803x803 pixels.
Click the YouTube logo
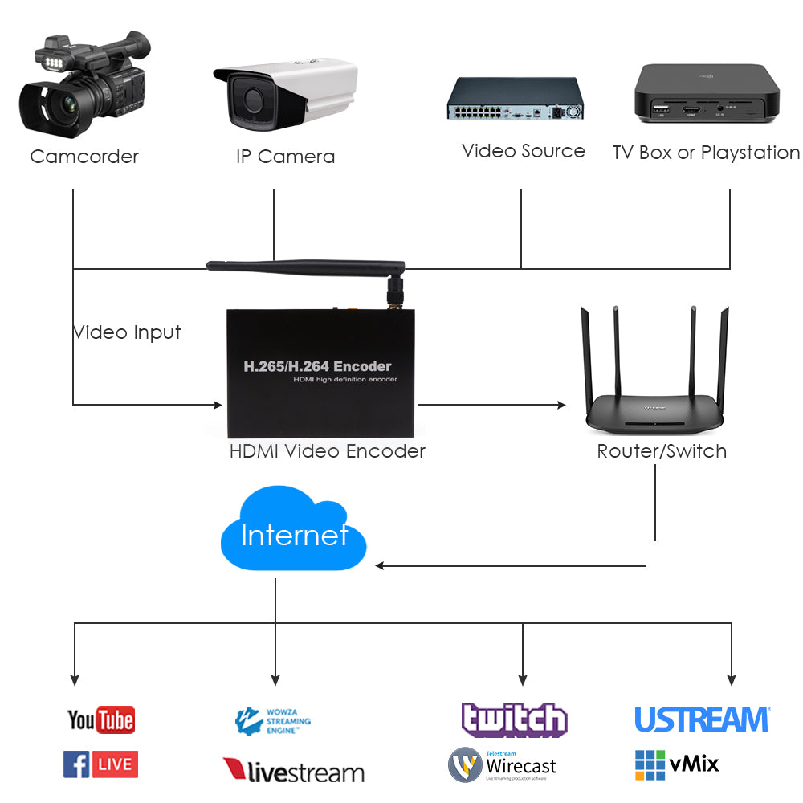click(x=100, y=719)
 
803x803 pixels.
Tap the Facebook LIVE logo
click(x=100, y=764)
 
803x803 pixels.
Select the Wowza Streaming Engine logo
click(x=273, y=721)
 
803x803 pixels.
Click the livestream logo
click(x=293, y=771)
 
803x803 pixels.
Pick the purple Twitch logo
click(x=514, y=719)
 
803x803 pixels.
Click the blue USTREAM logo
click(x=702, y=719)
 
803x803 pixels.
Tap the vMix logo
click(x=676, y=764)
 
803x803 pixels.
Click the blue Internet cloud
click(x=293, y=534)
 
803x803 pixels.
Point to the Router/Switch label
click(x=662, y=451)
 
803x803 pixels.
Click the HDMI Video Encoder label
click(x=327, y=451)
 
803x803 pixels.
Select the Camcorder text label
click(x=84, y=157)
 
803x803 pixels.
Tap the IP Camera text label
click(x=285, y=157)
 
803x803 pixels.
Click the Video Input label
click(x=127, y=332)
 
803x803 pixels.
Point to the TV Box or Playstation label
click(x=706, y=153)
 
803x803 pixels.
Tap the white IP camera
click(x=285, y=94)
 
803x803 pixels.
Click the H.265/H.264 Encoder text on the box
click(x=317, y=366)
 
